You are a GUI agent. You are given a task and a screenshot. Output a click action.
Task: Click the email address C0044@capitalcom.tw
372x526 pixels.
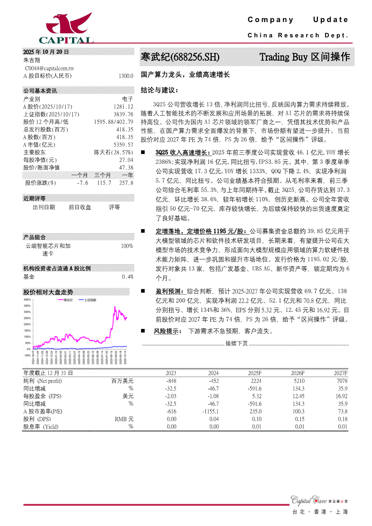(x=50, y=68)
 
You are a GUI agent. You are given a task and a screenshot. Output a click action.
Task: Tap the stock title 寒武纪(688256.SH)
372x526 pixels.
(x=180, y=57)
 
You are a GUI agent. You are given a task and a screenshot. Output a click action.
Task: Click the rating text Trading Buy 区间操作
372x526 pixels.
(x=304, y=57)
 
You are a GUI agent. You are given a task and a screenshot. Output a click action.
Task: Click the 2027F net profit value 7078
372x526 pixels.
(x=341, y=381)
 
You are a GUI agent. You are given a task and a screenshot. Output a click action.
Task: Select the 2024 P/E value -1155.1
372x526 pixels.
(x=210, y=411)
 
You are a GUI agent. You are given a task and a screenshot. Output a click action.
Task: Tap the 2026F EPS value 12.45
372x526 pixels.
(x=298, y=396)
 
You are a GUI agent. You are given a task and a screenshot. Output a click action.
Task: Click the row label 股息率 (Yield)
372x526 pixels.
(x=41, y=427)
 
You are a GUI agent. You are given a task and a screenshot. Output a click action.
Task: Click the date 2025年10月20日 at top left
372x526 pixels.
(x=46, y=52)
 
